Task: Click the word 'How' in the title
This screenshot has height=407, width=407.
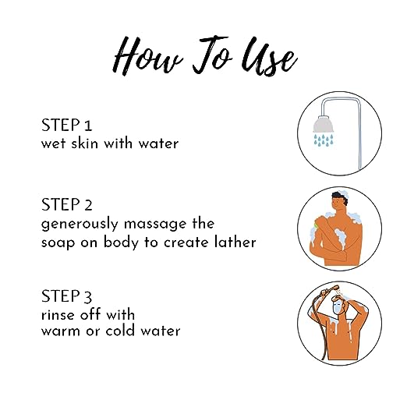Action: (147, 56)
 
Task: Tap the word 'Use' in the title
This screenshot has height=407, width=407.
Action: (269, 56)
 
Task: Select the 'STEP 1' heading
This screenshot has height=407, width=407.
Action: (67, 125)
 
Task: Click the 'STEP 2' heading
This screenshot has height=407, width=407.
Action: (67, 204)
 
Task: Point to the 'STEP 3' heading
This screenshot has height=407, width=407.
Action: (67, 296)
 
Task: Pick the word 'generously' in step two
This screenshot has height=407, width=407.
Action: (80, 225)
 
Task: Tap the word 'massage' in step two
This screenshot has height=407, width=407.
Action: (155, 225)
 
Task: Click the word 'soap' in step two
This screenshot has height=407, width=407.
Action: (58, 243)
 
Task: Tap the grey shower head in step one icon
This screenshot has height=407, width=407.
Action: (324, 124)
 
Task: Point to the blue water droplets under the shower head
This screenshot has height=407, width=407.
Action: (324, 140)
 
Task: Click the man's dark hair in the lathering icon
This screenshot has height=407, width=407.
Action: (340, 198)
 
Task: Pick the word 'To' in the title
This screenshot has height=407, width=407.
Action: (212, 55)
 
